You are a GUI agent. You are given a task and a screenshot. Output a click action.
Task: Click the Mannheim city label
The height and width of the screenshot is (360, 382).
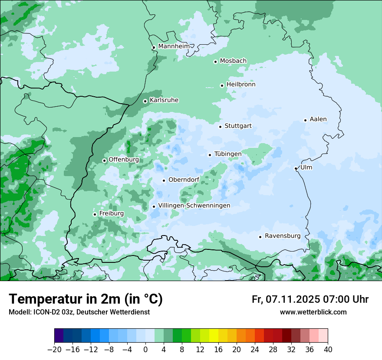[x=174, y=46]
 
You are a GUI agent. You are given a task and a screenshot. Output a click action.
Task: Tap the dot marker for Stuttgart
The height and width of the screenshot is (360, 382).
[x=221, y=127]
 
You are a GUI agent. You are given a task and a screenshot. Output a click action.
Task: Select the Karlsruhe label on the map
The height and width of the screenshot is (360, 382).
[x=164, y=100]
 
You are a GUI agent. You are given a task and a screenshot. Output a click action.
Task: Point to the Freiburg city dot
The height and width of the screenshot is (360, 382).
[x=95, y=214]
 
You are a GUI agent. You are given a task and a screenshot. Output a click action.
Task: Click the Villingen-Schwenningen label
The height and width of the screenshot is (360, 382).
[x=194, y=206]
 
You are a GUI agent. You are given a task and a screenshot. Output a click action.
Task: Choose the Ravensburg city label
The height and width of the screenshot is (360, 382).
[x=283, y=236]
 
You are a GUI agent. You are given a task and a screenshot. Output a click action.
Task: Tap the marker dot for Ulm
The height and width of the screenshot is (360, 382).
[x=296, y=168]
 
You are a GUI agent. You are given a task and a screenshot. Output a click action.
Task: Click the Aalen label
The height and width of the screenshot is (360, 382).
[x=318, y=119]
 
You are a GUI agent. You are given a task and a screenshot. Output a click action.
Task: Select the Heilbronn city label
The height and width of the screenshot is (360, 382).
[x=241, y=85]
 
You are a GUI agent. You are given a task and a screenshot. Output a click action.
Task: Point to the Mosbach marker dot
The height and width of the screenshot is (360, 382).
[x=215, y=62]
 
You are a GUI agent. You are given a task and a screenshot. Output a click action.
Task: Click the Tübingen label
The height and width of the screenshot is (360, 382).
[x=228, y=154]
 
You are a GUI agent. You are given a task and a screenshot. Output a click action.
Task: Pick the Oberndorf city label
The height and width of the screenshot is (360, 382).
[x=184, y=180]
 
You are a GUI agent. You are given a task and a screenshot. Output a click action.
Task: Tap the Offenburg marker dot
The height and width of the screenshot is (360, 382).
[x=105, y=160]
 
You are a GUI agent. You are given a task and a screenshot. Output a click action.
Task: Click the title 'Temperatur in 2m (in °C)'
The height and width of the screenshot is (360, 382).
[x=86, y=299]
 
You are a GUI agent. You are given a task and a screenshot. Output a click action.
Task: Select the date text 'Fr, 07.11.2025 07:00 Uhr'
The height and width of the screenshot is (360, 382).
[x=310, y=299]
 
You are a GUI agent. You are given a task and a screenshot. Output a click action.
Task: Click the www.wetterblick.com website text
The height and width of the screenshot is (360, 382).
[x=313, y=312]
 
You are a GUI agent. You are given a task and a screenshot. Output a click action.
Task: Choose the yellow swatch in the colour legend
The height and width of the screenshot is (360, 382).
[x=214, y=336]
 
